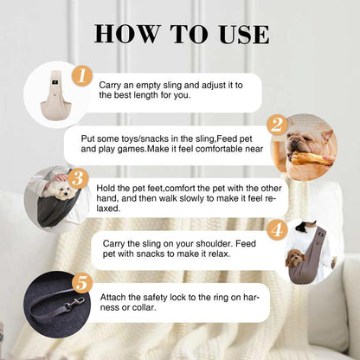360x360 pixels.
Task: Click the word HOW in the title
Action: pyautogui.click(x=127, y=35)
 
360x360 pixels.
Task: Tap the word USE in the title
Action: pyautogui.click(x=244, y=35)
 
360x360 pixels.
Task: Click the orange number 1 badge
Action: pyautogui.click(x=82, y=76)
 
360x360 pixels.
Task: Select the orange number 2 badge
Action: pyautogui.click(x=277, y=125)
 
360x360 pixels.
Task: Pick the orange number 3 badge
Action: pyautogui.click(x=78, y=179)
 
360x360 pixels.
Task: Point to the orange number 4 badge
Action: pyautogui.click(x=277, y=230)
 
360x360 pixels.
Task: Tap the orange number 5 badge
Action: pyautogui.click(x=82, y=283)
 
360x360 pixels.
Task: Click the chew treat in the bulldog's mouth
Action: pyautogui.click(x=312, y=159)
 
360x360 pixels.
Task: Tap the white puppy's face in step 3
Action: pyautogui.click(x=62, y=192)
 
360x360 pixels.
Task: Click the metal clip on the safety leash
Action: pyautogui.click(x=74, y=303)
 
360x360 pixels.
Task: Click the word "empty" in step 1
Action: pyautogui.click(x=149, y=86)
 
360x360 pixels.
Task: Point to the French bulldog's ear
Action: pyautogui.click(x=326, y=136)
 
